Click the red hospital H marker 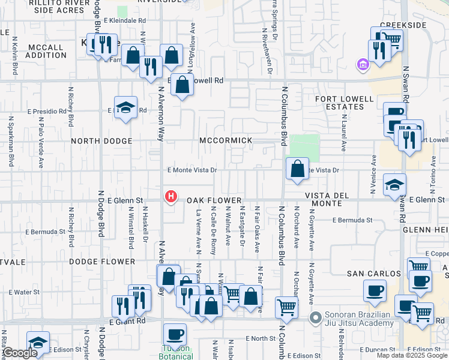pyautogui.click(x=171, y=196)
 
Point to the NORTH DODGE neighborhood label pyautogui.click(x=101, y=141)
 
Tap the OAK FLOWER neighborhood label pyautogui.click(x=213, y=200)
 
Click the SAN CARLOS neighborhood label pyautogui.click(x=373, y=274)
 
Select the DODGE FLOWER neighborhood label pyautogui.click(x=102, y=262)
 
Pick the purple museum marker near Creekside pyautogui.click(x=363, y=65)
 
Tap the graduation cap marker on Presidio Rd pyautogui.click(x=125, y=108)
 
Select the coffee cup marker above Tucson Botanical pyautogui.click(x=175, y=334)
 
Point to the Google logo pyautogui.click(x=19, y=353)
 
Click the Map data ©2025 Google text pyautogui.click(x=412, y=355)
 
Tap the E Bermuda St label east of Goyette pyautogui.click(x=351, y=220)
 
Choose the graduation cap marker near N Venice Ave pyautogui.click(x=394, y=185)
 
